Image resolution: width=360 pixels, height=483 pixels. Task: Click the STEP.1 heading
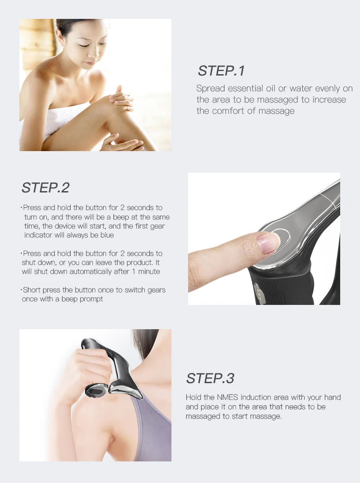pyautogui.click(x=221, y=71)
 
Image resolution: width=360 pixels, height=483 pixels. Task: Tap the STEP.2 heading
pyautogui.click(x=45, y=188)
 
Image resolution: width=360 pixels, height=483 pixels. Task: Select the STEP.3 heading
pyautogui.click(x=210, y=378)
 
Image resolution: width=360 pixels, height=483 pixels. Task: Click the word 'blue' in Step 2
pyautogui.click(x=107, y=235)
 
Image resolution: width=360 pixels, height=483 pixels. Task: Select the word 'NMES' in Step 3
pyautogui.click(x=227, y=398)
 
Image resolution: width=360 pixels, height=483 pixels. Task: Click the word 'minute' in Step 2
pyautogui.click(x=149, y=271)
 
